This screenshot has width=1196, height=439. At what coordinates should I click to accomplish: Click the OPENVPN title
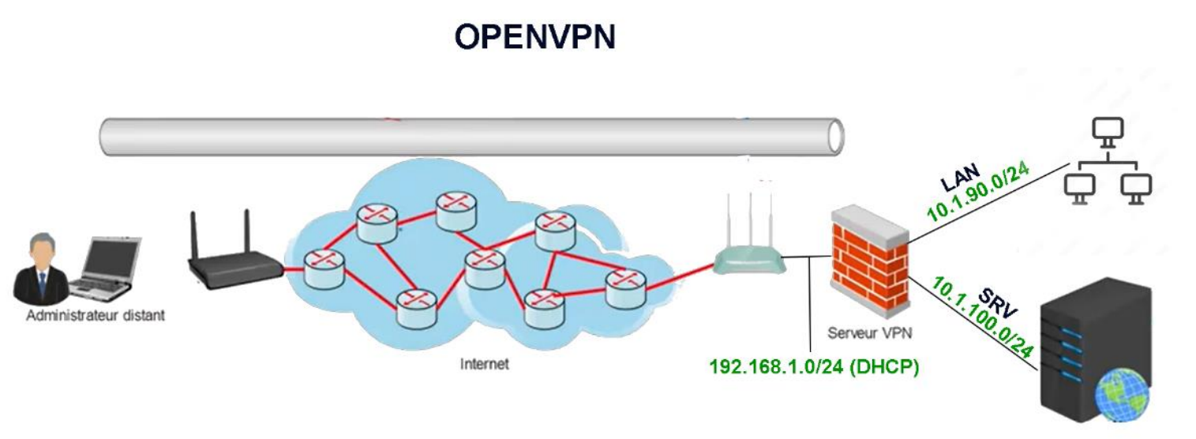click(x=534, y=37)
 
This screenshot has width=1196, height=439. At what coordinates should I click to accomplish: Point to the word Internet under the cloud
click(x=484, y=365)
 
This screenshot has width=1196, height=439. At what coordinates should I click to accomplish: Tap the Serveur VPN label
click(x=870, y=332)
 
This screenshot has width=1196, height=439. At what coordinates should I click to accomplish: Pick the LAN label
click(x=961, y=177)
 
